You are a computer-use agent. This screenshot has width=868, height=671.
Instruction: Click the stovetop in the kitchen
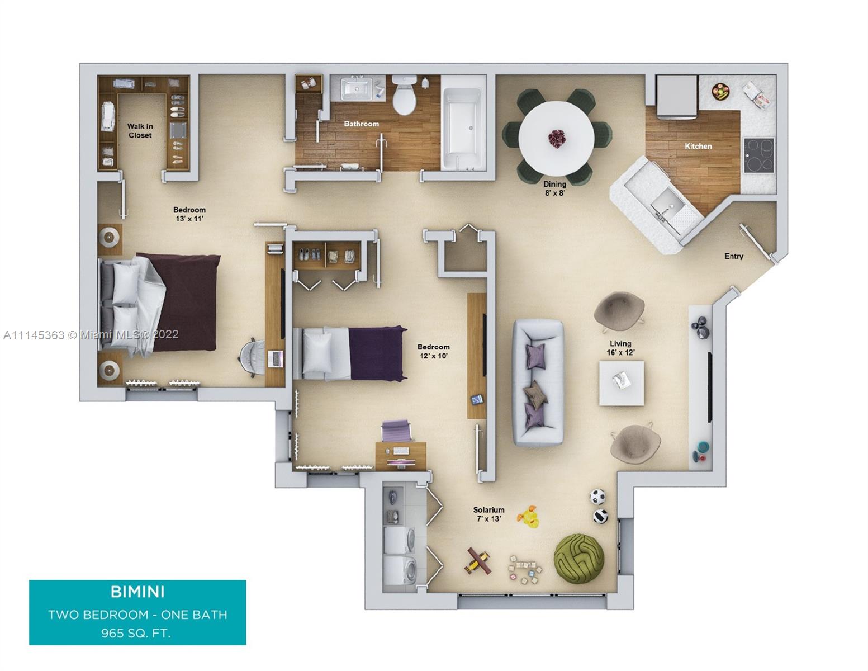click(758, 155)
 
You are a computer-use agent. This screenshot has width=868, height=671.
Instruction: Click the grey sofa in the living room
click(538, 382)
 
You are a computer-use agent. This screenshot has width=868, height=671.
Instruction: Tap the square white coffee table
click(621, 383)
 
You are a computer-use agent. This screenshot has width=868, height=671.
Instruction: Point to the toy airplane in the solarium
click(478, 560)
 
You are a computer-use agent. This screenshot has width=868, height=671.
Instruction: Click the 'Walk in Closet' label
click(140, 131)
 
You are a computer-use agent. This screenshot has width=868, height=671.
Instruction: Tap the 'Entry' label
click(734, 256)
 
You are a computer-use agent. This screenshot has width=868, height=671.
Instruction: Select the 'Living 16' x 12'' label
click(620, 348)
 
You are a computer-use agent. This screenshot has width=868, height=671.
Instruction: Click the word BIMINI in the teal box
click(137, 592)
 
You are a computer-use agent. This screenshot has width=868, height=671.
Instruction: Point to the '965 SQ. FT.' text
click(136, 633)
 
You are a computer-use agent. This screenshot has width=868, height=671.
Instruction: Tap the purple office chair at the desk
click(396, 431)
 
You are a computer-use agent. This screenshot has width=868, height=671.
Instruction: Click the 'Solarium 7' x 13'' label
click(488, 514)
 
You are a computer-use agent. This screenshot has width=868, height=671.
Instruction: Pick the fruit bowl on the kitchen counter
click(720, 91)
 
